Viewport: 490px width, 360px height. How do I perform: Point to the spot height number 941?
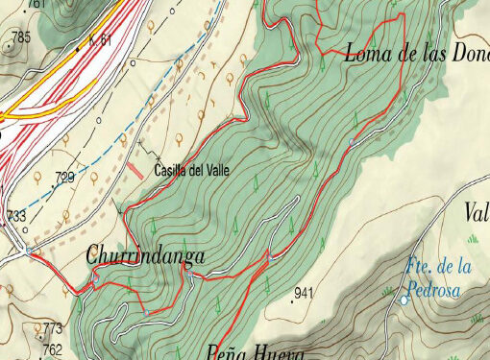(306, 292)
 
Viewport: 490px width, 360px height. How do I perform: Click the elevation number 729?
(65, 178)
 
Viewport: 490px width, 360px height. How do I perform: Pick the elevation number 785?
(20, 38)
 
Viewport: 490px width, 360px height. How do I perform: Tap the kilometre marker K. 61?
(100, 39)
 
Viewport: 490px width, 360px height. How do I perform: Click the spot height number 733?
(16, 216)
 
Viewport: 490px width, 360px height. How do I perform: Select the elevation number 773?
(52, 328)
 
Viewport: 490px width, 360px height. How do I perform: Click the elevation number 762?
(52, 348)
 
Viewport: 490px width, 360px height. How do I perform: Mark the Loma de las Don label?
(415, 54)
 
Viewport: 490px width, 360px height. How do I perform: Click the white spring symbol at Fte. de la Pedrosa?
(404, 300)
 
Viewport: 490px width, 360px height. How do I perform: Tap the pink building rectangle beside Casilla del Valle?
(134, 170)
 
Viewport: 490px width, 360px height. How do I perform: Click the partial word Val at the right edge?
(477, 213)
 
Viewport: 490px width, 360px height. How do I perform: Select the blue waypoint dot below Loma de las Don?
(352, 142)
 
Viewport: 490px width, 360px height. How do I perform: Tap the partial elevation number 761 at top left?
(37, 4)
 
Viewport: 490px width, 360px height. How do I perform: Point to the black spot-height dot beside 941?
(292, 300)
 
